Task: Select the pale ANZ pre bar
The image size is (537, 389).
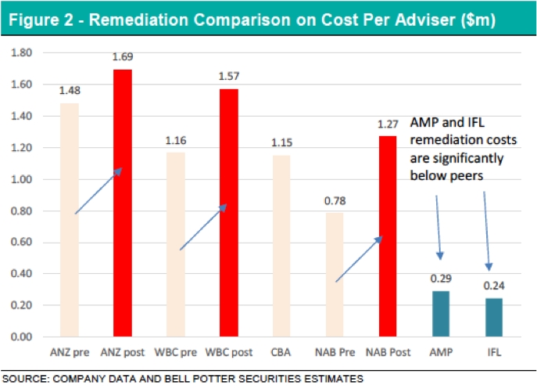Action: pos(70,220)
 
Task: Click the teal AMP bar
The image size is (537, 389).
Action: pos(440,314)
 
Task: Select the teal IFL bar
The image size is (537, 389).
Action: pos(492,318)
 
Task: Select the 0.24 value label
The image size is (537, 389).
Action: pos(492,286)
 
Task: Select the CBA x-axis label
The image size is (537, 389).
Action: pos(281,353)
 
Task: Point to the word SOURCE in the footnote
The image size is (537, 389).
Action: pos(27,379)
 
